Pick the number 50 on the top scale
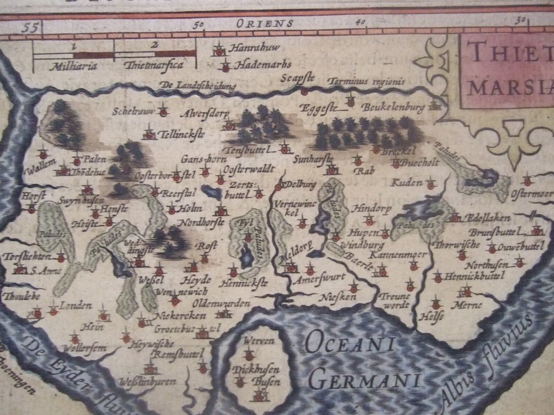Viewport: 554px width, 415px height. (198, 24)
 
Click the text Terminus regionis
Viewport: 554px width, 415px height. (366, 82)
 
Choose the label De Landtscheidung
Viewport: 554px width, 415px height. (198, 86)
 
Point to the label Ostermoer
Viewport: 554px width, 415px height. (532, 194)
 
